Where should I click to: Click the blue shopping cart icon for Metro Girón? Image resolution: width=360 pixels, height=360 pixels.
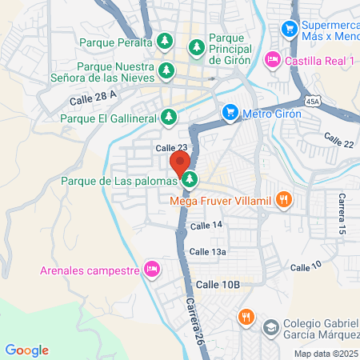pyautogui.click(x=230, y=111)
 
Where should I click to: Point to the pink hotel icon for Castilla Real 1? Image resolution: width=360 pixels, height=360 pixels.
pyautogui.click(x=273, y=58)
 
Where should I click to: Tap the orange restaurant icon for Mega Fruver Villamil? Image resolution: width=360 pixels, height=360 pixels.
pyautogui.click(x=282, y=199)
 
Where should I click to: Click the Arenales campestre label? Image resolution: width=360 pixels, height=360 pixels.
pyautogui.click(x=90, y=269)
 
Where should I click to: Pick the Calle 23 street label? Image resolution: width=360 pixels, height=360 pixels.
pyautogui.click(x=171, y=148)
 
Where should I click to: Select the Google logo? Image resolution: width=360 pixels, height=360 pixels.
pyautogui.click(x=26, y=350)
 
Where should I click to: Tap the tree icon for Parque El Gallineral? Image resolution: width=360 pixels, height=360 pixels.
pyautogui.click(x=168, y=118)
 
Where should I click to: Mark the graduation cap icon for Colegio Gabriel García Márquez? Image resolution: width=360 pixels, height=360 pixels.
pyautogui.click(x=271, y=327)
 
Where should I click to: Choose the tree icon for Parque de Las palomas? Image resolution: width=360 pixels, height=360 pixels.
pyautogui.click(x=190, y=179)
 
